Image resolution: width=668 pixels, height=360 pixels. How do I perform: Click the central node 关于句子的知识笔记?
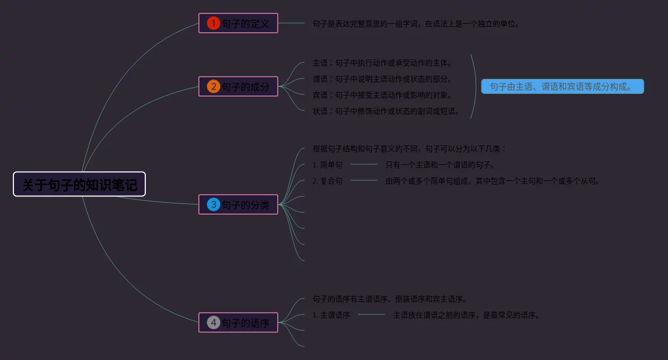coord(79,184)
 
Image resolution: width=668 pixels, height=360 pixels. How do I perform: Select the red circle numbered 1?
coord(213,23)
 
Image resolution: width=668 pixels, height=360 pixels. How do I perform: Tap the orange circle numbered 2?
coord(213,86)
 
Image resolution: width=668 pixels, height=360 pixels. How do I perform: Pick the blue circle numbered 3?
coord(213,204)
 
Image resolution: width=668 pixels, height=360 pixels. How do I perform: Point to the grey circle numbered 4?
coord(213,322)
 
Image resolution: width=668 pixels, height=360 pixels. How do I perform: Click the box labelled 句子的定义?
coord(238,23)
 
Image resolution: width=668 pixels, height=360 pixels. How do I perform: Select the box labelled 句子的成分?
coord(238,86)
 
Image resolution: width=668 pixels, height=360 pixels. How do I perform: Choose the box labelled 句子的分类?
coord(238,204)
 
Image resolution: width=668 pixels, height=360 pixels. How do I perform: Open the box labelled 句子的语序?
coord(238,322)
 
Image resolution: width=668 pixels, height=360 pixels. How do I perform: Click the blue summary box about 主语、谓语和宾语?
coord(562,86)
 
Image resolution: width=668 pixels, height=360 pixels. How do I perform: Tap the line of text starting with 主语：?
coord(383,63)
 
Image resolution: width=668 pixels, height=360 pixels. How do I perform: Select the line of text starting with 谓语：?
coord(383,79)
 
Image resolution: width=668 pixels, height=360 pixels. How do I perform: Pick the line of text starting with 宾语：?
coord(383,95)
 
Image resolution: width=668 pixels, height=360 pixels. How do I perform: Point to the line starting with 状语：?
coord(386,112)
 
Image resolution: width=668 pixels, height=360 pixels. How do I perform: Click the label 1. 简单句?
coord(328,165)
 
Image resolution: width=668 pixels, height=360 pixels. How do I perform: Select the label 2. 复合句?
coord(328,181)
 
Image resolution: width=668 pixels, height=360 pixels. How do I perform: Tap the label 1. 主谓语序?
coord(331,315)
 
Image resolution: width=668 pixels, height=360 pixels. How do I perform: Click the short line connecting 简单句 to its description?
coord(364,164)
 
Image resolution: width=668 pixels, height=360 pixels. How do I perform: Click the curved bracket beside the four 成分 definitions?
coord(476,86)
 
